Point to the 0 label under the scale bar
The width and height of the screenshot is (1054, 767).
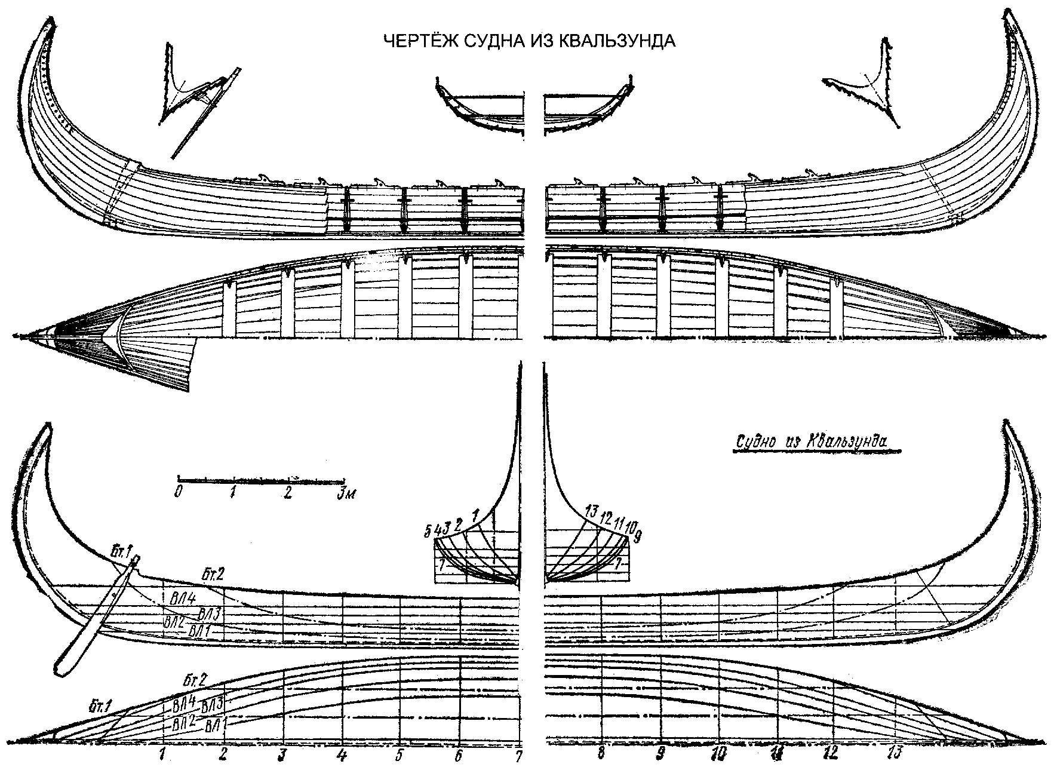(178, 492)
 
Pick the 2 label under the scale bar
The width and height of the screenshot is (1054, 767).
(288, 492)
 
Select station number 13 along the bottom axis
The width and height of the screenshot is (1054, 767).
(894, 752)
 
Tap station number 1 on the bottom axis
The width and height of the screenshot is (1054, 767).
(162, 753)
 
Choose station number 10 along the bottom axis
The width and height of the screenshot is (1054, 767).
(719, 753)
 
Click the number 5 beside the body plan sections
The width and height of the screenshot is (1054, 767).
(428, 530)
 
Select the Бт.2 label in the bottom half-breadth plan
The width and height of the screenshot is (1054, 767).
(195, 680)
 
